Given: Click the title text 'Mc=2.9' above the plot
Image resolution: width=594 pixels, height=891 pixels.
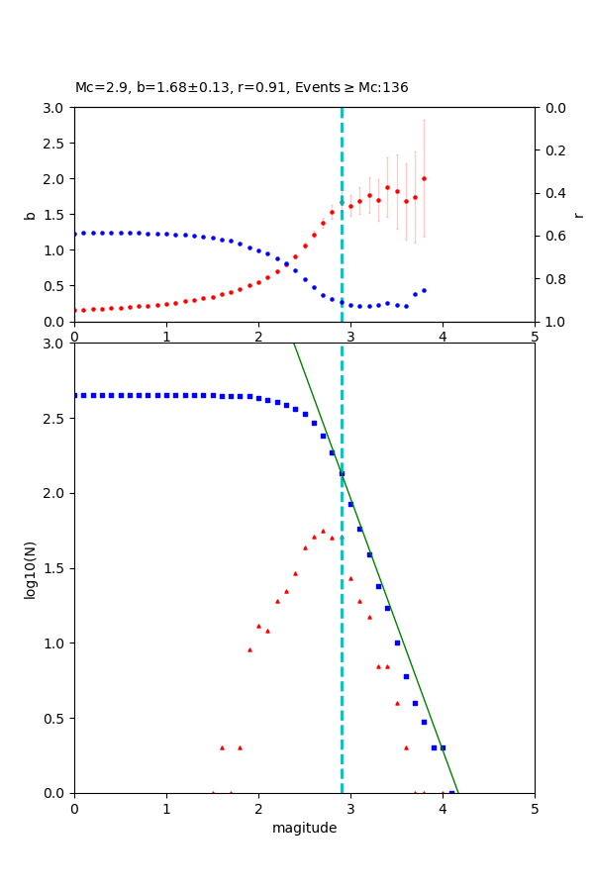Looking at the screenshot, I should (x=97, y=88).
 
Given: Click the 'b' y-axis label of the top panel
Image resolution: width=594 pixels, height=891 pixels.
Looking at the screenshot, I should (x=30, y=215).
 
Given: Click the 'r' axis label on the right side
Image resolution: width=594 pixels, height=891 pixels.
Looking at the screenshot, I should (x=578, y=215).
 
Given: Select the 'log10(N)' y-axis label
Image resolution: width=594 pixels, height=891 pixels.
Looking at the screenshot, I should (x=30, y=568).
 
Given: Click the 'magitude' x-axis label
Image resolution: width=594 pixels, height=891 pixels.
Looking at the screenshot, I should (x=304, y=828).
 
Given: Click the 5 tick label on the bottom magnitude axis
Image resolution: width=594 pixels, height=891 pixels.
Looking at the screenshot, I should (x=535, y=808).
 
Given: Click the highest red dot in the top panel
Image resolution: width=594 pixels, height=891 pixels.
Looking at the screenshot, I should (x=424, y=179).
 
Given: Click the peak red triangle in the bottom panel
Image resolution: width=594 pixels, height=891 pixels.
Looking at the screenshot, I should (x=323, y=531).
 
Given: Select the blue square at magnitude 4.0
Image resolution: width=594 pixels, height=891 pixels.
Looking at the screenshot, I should (x=443, y=747).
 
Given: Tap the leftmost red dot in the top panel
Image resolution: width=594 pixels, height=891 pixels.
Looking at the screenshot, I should (x=74, y=310).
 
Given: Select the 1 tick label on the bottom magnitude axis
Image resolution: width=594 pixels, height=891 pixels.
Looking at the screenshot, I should (x=166, y=808).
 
